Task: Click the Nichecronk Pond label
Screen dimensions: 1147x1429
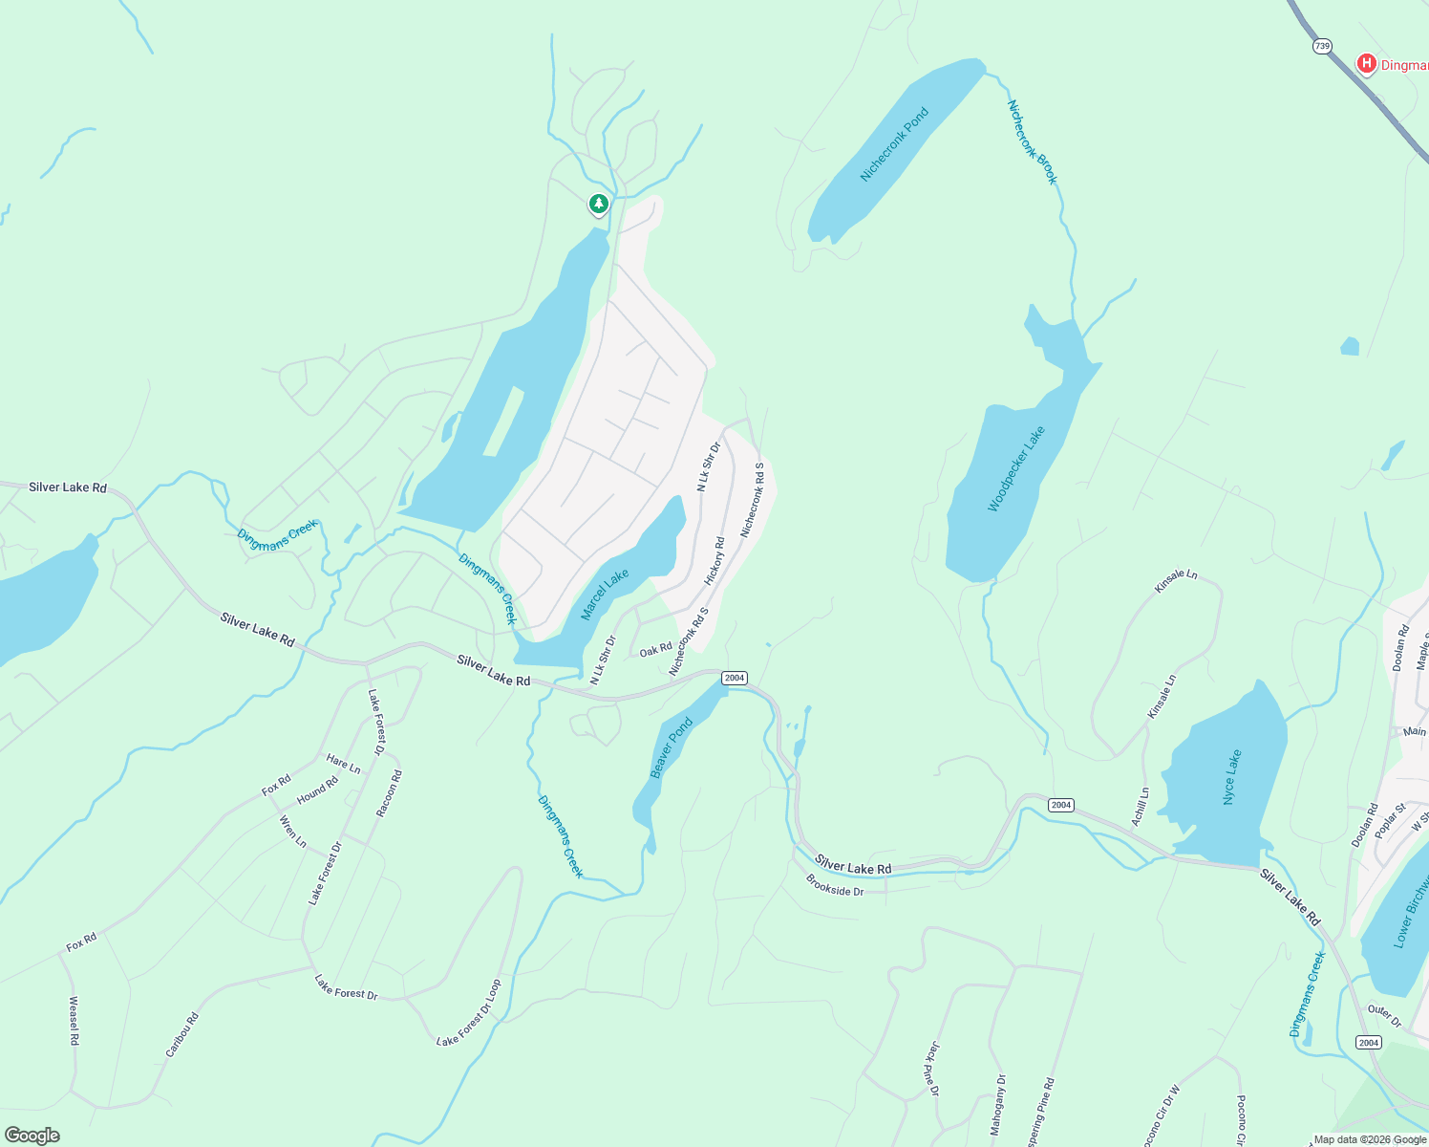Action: pos(894,144)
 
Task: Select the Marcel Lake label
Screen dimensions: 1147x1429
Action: pos(605,594)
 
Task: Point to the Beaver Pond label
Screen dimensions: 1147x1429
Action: pos(672,748)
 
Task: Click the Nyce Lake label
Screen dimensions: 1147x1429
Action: pos(1232,777)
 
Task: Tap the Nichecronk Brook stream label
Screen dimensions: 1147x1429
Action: pos(1033,142)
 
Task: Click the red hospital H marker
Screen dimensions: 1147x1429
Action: pos(1366,64)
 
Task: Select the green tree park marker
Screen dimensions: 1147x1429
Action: pos(598,204)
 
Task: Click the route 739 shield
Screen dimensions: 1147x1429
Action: pos(1322,46)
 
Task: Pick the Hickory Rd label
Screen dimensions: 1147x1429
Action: pos(714,561)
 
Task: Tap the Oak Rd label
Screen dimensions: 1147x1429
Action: pos(655,650)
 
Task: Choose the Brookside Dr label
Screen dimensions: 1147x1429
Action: pos(834,885)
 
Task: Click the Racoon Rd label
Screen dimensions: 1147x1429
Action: pos(389,793)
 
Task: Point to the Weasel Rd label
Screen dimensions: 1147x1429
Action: pos(74,1021)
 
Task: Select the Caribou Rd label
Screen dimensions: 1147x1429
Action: pos(181,1034)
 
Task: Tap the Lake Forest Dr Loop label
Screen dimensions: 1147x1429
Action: pos(468,1013)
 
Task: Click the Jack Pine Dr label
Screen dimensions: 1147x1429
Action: pos(932,1069)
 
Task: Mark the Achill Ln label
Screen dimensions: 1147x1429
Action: pos(1141,806)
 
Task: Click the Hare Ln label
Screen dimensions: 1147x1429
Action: pos(343,764)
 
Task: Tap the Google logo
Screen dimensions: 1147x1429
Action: pos(32,1136)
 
